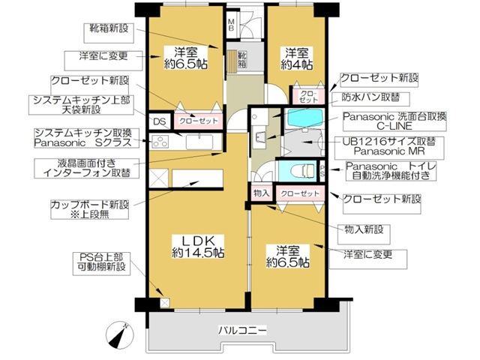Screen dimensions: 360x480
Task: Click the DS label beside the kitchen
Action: click(x=159, y=122)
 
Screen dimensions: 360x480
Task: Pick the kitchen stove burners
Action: click(x=160, y=142)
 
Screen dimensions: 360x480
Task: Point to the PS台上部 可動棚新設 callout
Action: click(x=104, y=262)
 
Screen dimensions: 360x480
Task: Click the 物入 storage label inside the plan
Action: click(x=262, y=193)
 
